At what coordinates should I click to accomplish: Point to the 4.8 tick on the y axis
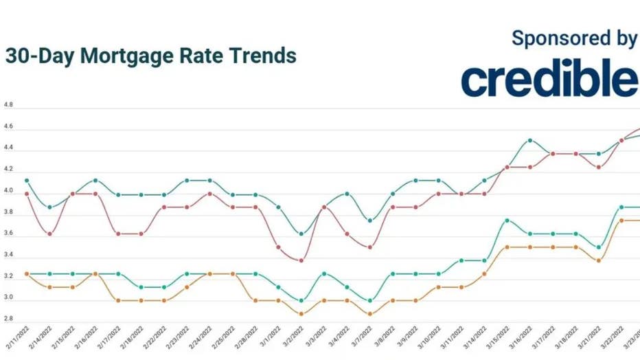[9, 106]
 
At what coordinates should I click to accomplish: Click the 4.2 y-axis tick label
[9, 171]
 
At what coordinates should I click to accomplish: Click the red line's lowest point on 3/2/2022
[301, 260]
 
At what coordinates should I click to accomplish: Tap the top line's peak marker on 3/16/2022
[529, 140]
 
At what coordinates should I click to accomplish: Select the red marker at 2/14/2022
[49, 234]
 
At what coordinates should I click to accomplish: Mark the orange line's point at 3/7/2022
[369, 314]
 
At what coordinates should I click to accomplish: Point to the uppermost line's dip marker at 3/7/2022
[369, 221]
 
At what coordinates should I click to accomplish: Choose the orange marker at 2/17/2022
[118, 300]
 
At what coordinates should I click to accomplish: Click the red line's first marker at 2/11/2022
[27, 194]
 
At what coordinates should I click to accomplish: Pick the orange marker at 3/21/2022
[598, 260]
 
